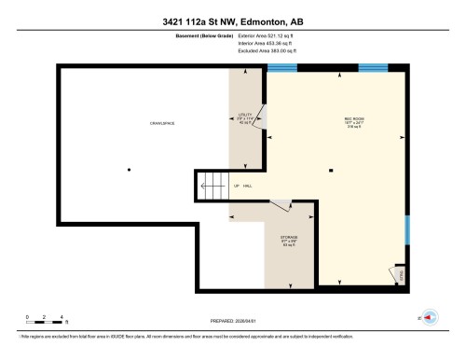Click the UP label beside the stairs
237,186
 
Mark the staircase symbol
212,186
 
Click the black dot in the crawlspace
129,169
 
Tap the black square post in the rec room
332,170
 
